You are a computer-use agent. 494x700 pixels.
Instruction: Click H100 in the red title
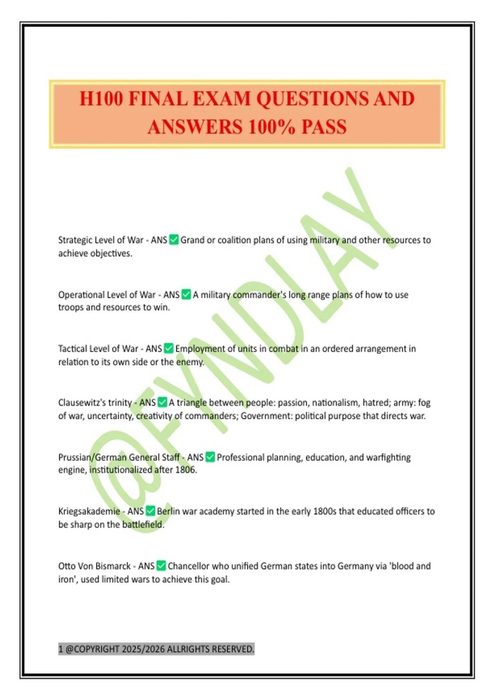point(101,99)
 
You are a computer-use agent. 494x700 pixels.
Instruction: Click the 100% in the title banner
point(271,127)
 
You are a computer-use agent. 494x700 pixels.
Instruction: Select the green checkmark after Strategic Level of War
point(174,240)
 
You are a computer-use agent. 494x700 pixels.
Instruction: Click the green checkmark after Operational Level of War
point(186,294)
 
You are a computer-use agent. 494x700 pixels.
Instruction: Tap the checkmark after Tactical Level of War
point(168,348)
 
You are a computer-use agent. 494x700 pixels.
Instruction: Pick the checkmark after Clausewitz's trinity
point(162,402)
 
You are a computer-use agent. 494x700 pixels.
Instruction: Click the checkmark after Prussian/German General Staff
point(210,457)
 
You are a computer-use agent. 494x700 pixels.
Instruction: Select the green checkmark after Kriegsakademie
point(150,511)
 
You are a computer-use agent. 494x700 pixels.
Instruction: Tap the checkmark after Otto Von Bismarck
point(161,566)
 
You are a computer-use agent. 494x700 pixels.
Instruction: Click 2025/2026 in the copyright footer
point(142,649)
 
